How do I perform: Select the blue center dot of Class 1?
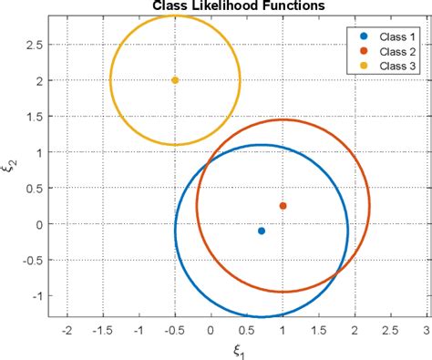262,231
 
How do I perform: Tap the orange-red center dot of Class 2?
283,206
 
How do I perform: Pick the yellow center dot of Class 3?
175,80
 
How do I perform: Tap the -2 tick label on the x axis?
66,332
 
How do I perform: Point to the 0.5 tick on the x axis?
247,332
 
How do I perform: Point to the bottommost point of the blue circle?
262,317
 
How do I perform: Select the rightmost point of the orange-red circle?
370,206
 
